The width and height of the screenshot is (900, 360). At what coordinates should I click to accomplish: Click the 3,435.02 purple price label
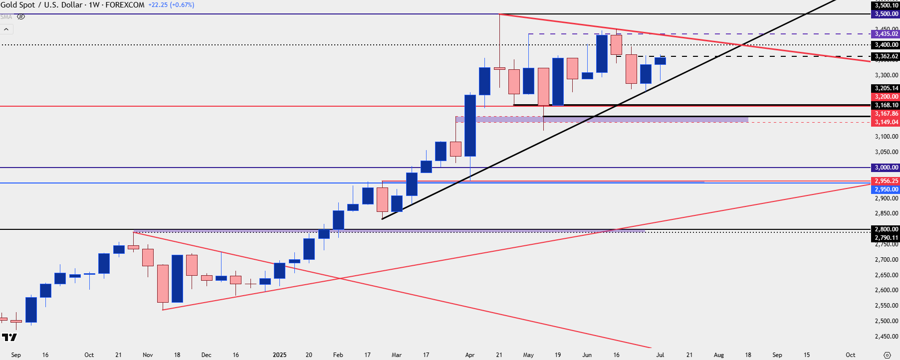(886, 34)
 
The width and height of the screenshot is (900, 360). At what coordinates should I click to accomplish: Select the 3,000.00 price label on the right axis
(886, 168)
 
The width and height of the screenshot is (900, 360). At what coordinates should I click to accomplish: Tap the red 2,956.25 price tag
(886, 181)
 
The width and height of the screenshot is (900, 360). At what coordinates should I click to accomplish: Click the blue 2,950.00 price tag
(886, 189)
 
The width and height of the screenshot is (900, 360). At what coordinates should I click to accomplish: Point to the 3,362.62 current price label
(886, 56)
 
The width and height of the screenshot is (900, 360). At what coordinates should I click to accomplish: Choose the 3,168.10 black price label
(886, 105)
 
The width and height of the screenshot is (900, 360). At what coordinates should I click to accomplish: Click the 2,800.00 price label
(886, 229)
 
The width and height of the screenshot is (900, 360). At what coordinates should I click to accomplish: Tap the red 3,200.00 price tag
(886, 97)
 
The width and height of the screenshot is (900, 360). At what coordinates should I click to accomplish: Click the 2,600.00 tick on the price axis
(887, 290)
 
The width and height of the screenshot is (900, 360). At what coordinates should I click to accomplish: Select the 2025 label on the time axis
(279, 355)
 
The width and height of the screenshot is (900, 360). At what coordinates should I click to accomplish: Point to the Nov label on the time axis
(148, 355)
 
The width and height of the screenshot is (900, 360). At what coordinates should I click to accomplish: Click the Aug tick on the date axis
(718, 355)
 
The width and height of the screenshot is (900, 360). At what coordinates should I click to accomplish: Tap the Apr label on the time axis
(469, 355)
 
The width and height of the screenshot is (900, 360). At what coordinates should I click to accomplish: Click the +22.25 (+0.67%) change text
(171, 5)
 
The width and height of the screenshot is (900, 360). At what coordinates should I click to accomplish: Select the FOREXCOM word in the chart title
(125, 5)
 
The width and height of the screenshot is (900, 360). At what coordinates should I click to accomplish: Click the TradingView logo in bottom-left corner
(9, 338)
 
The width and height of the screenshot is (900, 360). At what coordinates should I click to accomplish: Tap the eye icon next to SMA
(21, 16)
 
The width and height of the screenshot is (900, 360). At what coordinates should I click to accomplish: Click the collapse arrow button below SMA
(6, 29)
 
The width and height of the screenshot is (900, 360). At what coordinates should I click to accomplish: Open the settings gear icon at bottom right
(887, 355)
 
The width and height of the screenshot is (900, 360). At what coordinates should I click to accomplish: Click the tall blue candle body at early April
(470, 125)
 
